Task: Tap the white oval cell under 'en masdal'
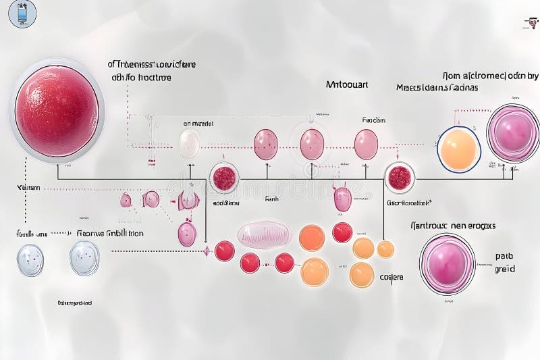click(190, 143)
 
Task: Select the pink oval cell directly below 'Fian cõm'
click(366, 144)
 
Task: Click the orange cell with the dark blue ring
click(459, 149)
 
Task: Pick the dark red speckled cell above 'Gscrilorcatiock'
click(400, 178)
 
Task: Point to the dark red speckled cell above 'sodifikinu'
click(224, 178)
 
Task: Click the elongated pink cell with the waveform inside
click(264, 234)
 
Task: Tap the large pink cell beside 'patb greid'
click(447, 263)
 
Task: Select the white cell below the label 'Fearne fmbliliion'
click(84, 258)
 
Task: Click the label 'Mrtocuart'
click(347, 85)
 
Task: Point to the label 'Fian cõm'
click(373, 120)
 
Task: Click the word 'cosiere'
click(391, 276)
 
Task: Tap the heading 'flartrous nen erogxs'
click(453, 226)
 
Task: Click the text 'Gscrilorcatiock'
click(409, 202)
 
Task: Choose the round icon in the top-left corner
click(22, 14)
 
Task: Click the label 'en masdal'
click(198, 124)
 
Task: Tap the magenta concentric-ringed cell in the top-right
click(512, 132)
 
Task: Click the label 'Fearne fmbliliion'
click(109, 233)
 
